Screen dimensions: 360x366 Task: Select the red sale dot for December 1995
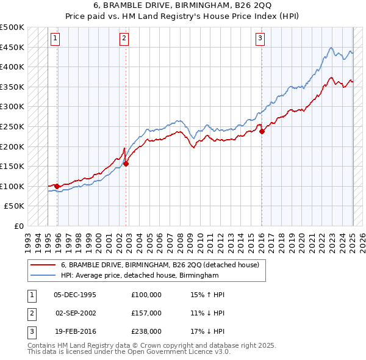pyautogui.click(x=57, y=186)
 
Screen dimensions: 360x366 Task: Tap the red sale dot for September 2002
pyautogui.click(x=126, y=164)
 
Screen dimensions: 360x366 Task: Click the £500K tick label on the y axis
pyautogui.click(x=12, y=27)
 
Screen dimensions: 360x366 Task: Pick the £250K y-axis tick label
pyautogui.click(x=12, y=126)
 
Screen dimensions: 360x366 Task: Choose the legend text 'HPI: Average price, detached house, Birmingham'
pyautogui.click(x=140, y=276)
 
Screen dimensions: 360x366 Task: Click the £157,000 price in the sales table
pyautogui.click(x=146, y=312)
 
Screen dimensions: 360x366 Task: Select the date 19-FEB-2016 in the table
pyautogui.click(x=75, y=331)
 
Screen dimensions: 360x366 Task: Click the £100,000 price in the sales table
pyautogui.click(x=146, y=294)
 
